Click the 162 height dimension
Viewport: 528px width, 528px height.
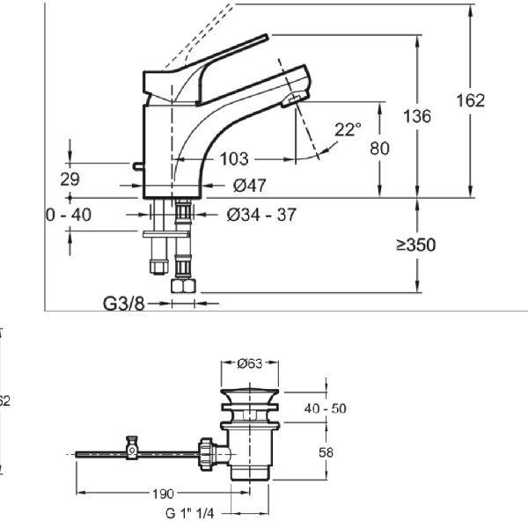coord(470,100)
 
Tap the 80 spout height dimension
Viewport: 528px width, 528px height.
coord(379,149)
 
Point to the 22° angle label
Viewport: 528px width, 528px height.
coord(348,129)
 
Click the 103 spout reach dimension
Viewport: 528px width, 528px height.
coord(234,159)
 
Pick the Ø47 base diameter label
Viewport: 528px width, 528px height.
coord(251,185)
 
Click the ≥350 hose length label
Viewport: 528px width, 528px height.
coord(415,245)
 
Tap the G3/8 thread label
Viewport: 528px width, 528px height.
coord(123,304)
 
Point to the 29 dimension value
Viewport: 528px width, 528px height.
coord(70,179)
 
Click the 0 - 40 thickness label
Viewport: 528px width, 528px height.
coord(68,215)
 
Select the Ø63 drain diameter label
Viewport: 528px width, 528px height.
coord(253,361)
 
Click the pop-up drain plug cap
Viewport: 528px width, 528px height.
coord(253,394)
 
